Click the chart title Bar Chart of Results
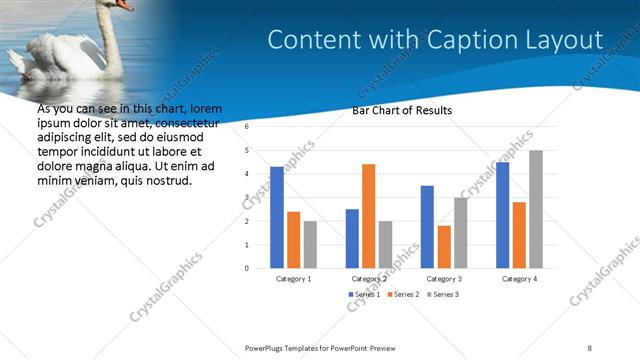(x=403, y=110)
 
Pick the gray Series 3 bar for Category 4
(x=536, y=209)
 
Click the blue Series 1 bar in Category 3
(x=427, y=226)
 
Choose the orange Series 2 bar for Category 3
(x=444, y=246)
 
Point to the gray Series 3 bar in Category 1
(x=310, y=244)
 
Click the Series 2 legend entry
(x=403, y=295)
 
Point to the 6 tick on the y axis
(x=246, y=128)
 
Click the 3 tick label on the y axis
(x=246, y=198)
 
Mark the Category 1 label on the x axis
(x=293, y=279)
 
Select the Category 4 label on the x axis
(x=519, y=279)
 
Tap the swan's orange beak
(x=123, y=5)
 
